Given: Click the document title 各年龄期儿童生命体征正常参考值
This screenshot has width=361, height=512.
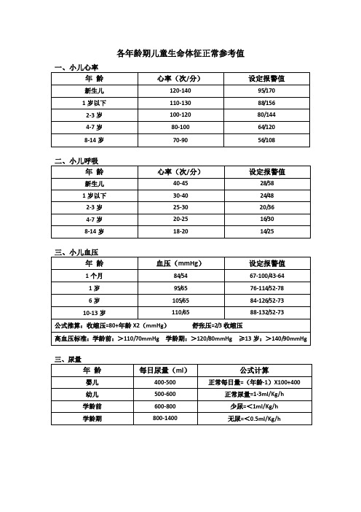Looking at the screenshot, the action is pyautogui.click(x=180, y=53).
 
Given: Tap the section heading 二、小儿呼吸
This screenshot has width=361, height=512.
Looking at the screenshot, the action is pyautogui.click(x=76, y=160).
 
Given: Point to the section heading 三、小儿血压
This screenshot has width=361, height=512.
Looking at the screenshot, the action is pyautogui.click(x=76, y=252).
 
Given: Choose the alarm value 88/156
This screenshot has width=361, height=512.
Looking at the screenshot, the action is pyautogui.click(x=266, y=103).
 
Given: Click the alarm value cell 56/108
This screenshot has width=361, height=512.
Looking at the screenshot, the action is pyautogui.click(x=266, y=139).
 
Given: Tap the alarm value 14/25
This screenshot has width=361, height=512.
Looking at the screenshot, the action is pyautogui.click(x=266, y=231).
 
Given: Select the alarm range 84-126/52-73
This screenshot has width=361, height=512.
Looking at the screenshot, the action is pyautogui.click(x=266, y=300).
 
